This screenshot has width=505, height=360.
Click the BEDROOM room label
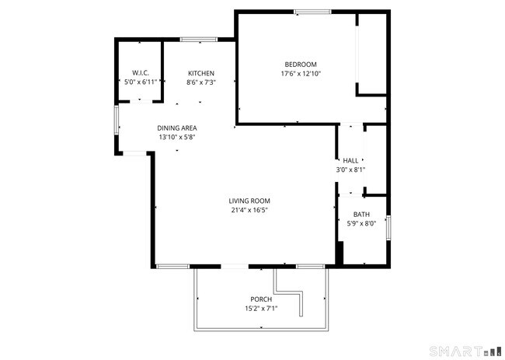pos(301,64)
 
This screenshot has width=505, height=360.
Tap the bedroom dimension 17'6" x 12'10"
pos(301,74)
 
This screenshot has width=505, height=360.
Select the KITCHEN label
pos(201,73)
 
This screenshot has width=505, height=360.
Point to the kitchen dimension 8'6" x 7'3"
pos(201,82)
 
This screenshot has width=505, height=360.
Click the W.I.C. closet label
pos(140,73)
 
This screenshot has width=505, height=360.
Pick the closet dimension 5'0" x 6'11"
pos(140,82)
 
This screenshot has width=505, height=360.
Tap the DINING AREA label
pos(177,128)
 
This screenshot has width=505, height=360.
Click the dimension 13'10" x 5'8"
pos(177,137)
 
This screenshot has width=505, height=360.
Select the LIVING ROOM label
pos(249,201)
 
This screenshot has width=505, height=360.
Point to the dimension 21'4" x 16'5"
pos(249,210)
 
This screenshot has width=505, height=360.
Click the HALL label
pos(350,160)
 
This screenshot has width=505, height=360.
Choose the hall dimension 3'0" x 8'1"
pos(350,170)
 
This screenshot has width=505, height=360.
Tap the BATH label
pos(361,215)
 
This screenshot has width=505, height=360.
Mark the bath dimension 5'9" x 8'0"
pos(361,224)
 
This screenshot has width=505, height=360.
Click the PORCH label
pos(260,299)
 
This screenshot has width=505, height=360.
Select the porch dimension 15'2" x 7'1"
pos(260,309)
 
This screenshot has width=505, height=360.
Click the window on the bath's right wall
pos(388,229)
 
